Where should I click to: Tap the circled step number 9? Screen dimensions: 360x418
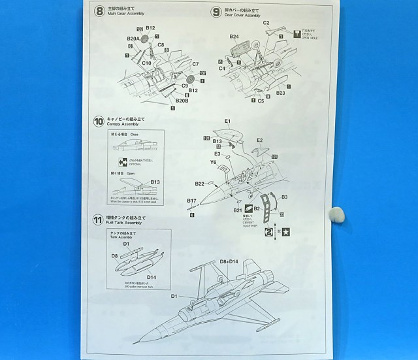click(x=217, y=10)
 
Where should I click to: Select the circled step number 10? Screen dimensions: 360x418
click(x=98, y=120)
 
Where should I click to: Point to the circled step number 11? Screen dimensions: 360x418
click(x=98, y=218)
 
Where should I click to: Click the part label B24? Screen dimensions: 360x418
click(x=234, y=37)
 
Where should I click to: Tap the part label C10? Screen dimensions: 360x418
click(x=147, y=63)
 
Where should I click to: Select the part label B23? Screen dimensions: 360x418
click(x=281, y=93)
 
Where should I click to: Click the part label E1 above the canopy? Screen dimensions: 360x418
click(x=228, y=122)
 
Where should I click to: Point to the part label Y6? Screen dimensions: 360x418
click(x=214, y=162)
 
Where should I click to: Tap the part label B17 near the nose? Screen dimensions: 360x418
click(x=192, y=201)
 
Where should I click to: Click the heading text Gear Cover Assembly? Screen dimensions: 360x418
click(x=242, y=14)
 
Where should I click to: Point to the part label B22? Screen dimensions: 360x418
click(x=200, y=184)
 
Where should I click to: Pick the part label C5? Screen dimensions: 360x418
click(x=261, y=101)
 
